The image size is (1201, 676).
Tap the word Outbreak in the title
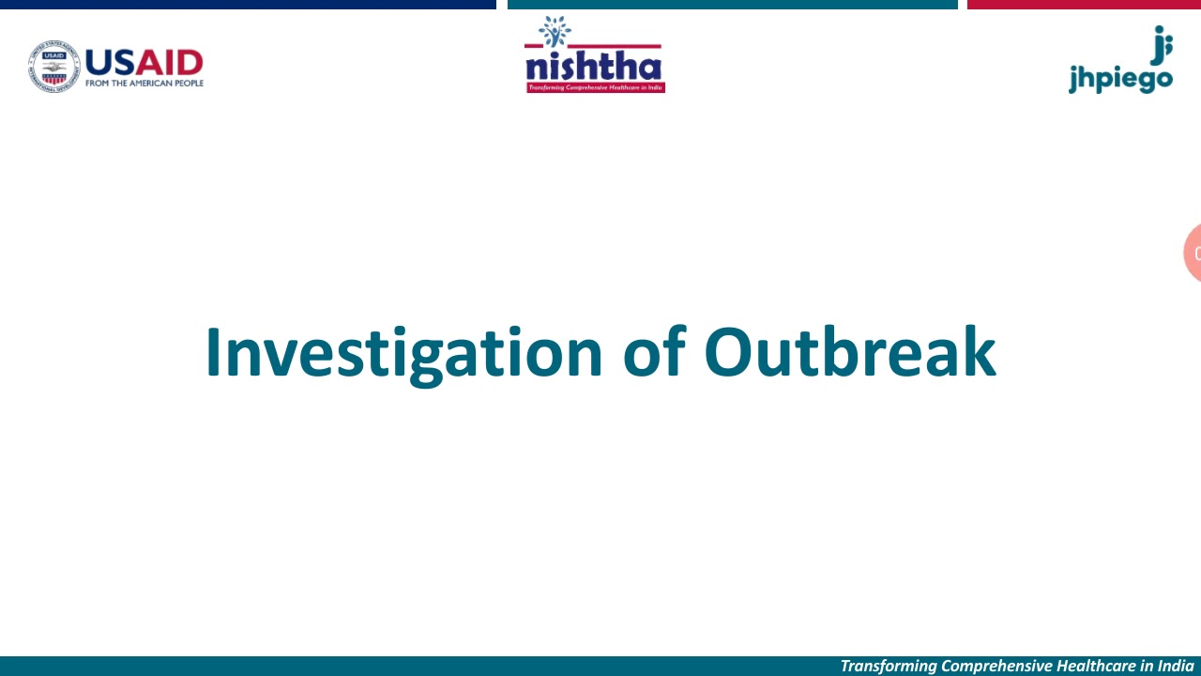(849, 353)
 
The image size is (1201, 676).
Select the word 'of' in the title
(653, 353)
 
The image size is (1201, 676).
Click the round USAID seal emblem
(53, 66)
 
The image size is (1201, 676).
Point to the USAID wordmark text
(144, 62)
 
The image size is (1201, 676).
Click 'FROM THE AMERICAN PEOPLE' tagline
(144, 84)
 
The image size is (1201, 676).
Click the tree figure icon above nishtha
(555, 31)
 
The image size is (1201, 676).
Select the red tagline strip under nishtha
(595, 87)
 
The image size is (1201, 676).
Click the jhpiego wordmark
(1120, 78)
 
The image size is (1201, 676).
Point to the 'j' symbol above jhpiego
(1162, 43)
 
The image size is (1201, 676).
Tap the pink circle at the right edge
(1193, 253)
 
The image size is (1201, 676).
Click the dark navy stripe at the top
(248, 5)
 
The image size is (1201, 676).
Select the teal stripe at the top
(732, 5)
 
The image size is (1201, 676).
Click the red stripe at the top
(1084, 5)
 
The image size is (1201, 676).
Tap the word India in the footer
(1176, 666)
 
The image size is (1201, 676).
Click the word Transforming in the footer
(888, 666)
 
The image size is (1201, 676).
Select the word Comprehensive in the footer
(996, 666)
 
